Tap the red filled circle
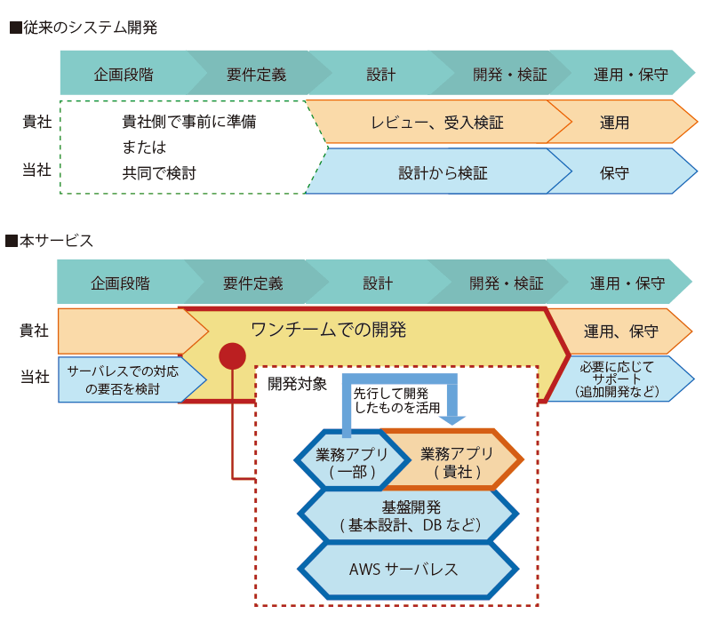[x=232, y=356]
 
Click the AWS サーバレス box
[x=408, y=570]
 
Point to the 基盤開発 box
[x=408, y=515]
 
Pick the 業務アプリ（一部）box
[x=352, y=460]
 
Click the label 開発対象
[x=297, y=384]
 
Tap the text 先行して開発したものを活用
[x=396, y=401]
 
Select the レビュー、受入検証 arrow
[x=438, y=122]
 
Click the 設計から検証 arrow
[x=438, y=172]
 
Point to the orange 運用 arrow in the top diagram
[x=622, y=122]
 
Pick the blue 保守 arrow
[x=622, y=172]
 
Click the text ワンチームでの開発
[x=328, y=330]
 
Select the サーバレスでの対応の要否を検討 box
[x=132, y=379]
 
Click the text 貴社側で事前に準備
[x=189, y=122]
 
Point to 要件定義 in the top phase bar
[x=256, y=75]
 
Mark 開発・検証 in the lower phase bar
[x=506, y=283]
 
